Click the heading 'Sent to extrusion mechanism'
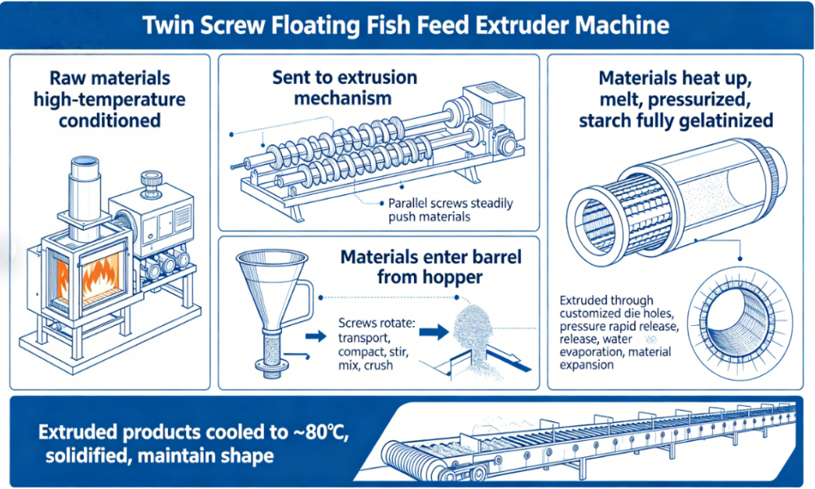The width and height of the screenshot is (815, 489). pyautogui.click(x=344, y=88)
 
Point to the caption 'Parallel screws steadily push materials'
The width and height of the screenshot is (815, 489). pyautogui.click(x=451, y=209)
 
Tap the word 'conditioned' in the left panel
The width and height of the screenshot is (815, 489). pyautogui.click(x=109, y=121)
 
